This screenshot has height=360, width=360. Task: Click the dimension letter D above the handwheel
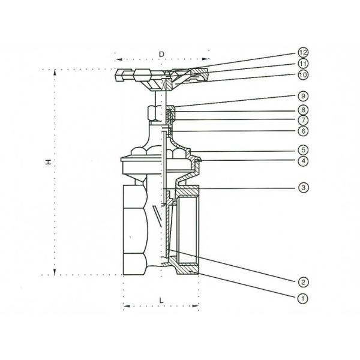[x=161, y=54]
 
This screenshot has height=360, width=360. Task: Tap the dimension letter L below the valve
[x=161, y=298]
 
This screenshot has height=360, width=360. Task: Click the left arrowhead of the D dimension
[x=117, y=60]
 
